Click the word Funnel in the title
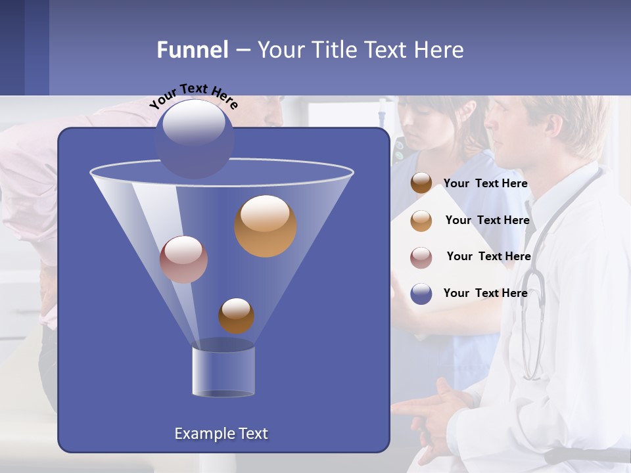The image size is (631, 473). [x=193, y=49]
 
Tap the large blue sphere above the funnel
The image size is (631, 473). [x=194, y=139]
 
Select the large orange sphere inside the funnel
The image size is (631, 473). [x=265, y=226]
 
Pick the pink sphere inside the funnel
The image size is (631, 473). [x=183, y=259]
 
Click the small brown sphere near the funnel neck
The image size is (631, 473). [x=236, y=315]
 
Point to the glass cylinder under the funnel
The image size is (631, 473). [x=223, y=369]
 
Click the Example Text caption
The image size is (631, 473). [x=221, y=434]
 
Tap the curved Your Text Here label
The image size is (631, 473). [x=193, y=96]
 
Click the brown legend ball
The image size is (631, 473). [x=421, y=183]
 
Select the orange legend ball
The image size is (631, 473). [x=421, y=220]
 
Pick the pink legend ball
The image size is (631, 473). [x=421, y=257]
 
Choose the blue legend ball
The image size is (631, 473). [x=421, y=294]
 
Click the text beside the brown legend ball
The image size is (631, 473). [x=485, y=183]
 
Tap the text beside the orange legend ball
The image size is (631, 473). [x=487, y=220]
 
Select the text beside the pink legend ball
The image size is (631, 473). [x=488, y=256]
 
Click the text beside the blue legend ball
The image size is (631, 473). [x=485, y=293]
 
